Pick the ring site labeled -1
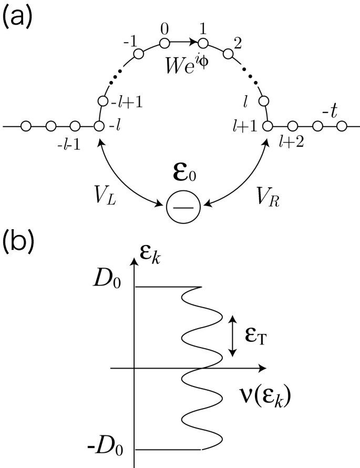139,54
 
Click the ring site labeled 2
228,54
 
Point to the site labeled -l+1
102,101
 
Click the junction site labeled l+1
268,126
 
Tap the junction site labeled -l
99,126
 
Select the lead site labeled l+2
293,126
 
